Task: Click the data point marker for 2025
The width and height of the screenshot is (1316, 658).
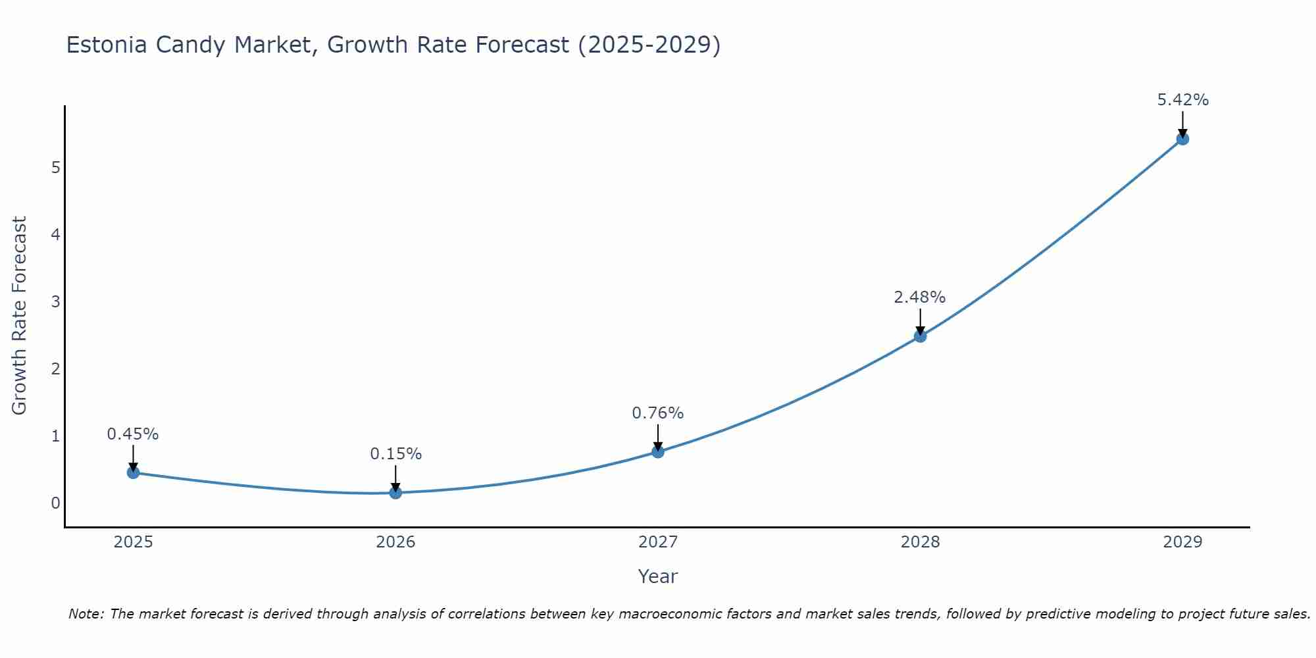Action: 133,472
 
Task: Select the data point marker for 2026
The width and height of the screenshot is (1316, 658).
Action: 395,492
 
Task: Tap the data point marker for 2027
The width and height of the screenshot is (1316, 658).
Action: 658,451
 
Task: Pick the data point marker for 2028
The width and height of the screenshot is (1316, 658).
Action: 920,336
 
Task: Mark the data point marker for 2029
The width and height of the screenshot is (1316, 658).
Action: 1182,139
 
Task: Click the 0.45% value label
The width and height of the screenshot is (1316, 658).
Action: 133,434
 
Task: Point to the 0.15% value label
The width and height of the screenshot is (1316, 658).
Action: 395,454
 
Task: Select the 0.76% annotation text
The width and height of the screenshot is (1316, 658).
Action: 658,413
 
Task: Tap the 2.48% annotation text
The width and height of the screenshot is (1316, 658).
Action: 920,297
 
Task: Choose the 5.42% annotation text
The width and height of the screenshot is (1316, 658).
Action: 1182,100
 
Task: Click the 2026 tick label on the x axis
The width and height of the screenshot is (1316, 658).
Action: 395,542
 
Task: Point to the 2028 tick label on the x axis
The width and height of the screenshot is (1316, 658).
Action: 920,542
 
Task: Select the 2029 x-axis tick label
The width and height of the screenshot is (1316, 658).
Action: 1182,542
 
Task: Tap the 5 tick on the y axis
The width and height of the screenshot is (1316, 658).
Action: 55,167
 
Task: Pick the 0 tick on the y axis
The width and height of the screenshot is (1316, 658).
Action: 55,503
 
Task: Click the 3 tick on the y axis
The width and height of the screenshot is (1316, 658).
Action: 55,301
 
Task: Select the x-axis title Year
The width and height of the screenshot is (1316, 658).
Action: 658,576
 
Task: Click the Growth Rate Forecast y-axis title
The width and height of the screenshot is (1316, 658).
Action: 20,316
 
